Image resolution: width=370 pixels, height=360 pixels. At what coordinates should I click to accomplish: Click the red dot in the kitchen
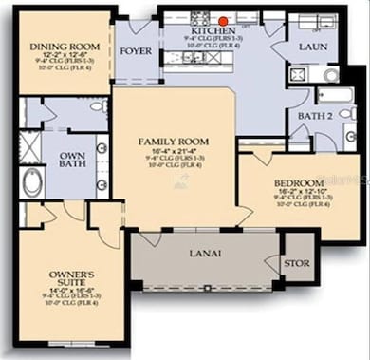[x=222, y=19]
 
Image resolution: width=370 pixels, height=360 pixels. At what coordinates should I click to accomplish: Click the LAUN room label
[x=313, y=47]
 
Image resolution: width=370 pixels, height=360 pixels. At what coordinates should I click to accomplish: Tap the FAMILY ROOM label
[x=174, y=142]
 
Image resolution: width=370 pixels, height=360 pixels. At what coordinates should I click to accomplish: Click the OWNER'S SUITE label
[x=72, y=281]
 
